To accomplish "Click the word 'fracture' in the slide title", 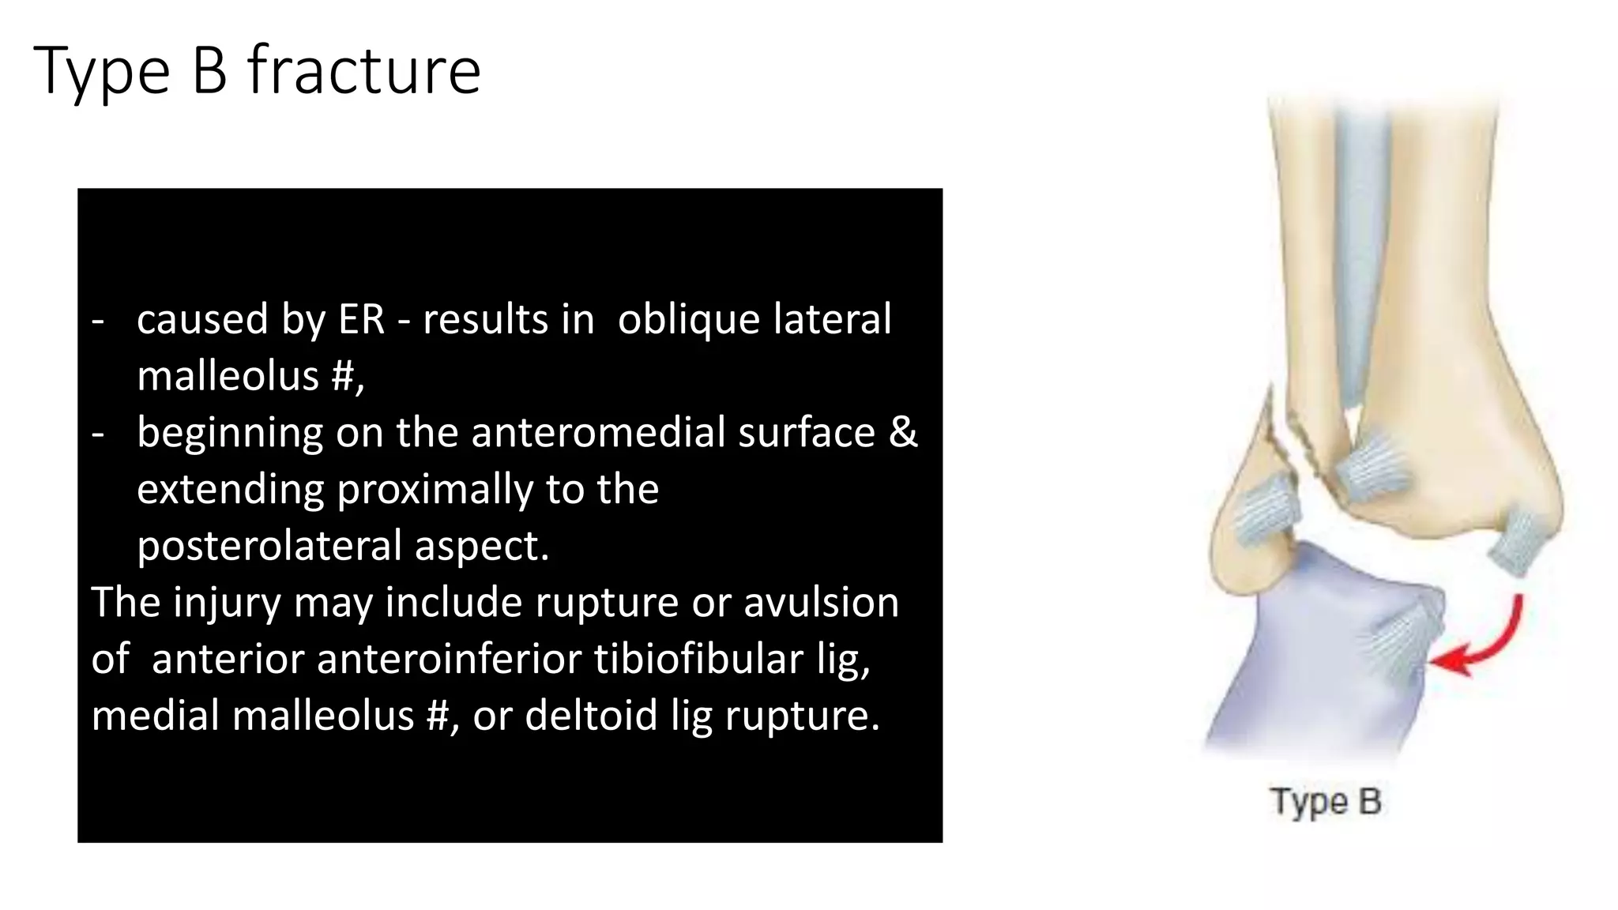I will click(364, 71).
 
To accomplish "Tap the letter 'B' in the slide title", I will click(209, 71).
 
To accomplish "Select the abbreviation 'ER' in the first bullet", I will click(362, 320).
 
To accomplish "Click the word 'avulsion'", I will click(821, 603).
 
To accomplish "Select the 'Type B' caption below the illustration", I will click(1326, 802).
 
